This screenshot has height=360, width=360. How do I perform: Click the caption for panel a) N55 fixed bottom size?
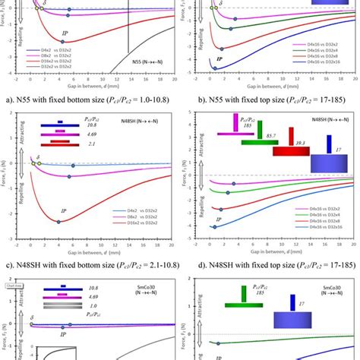pyautogui.click(x=90, y=97)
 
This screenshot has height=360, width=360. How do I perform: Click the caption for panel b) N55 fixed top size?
pyautogui.click(x=269, y=97)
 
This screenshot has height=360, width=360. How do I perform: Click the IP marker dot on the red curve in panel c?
pyautogui.click(x=59, y=221)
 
